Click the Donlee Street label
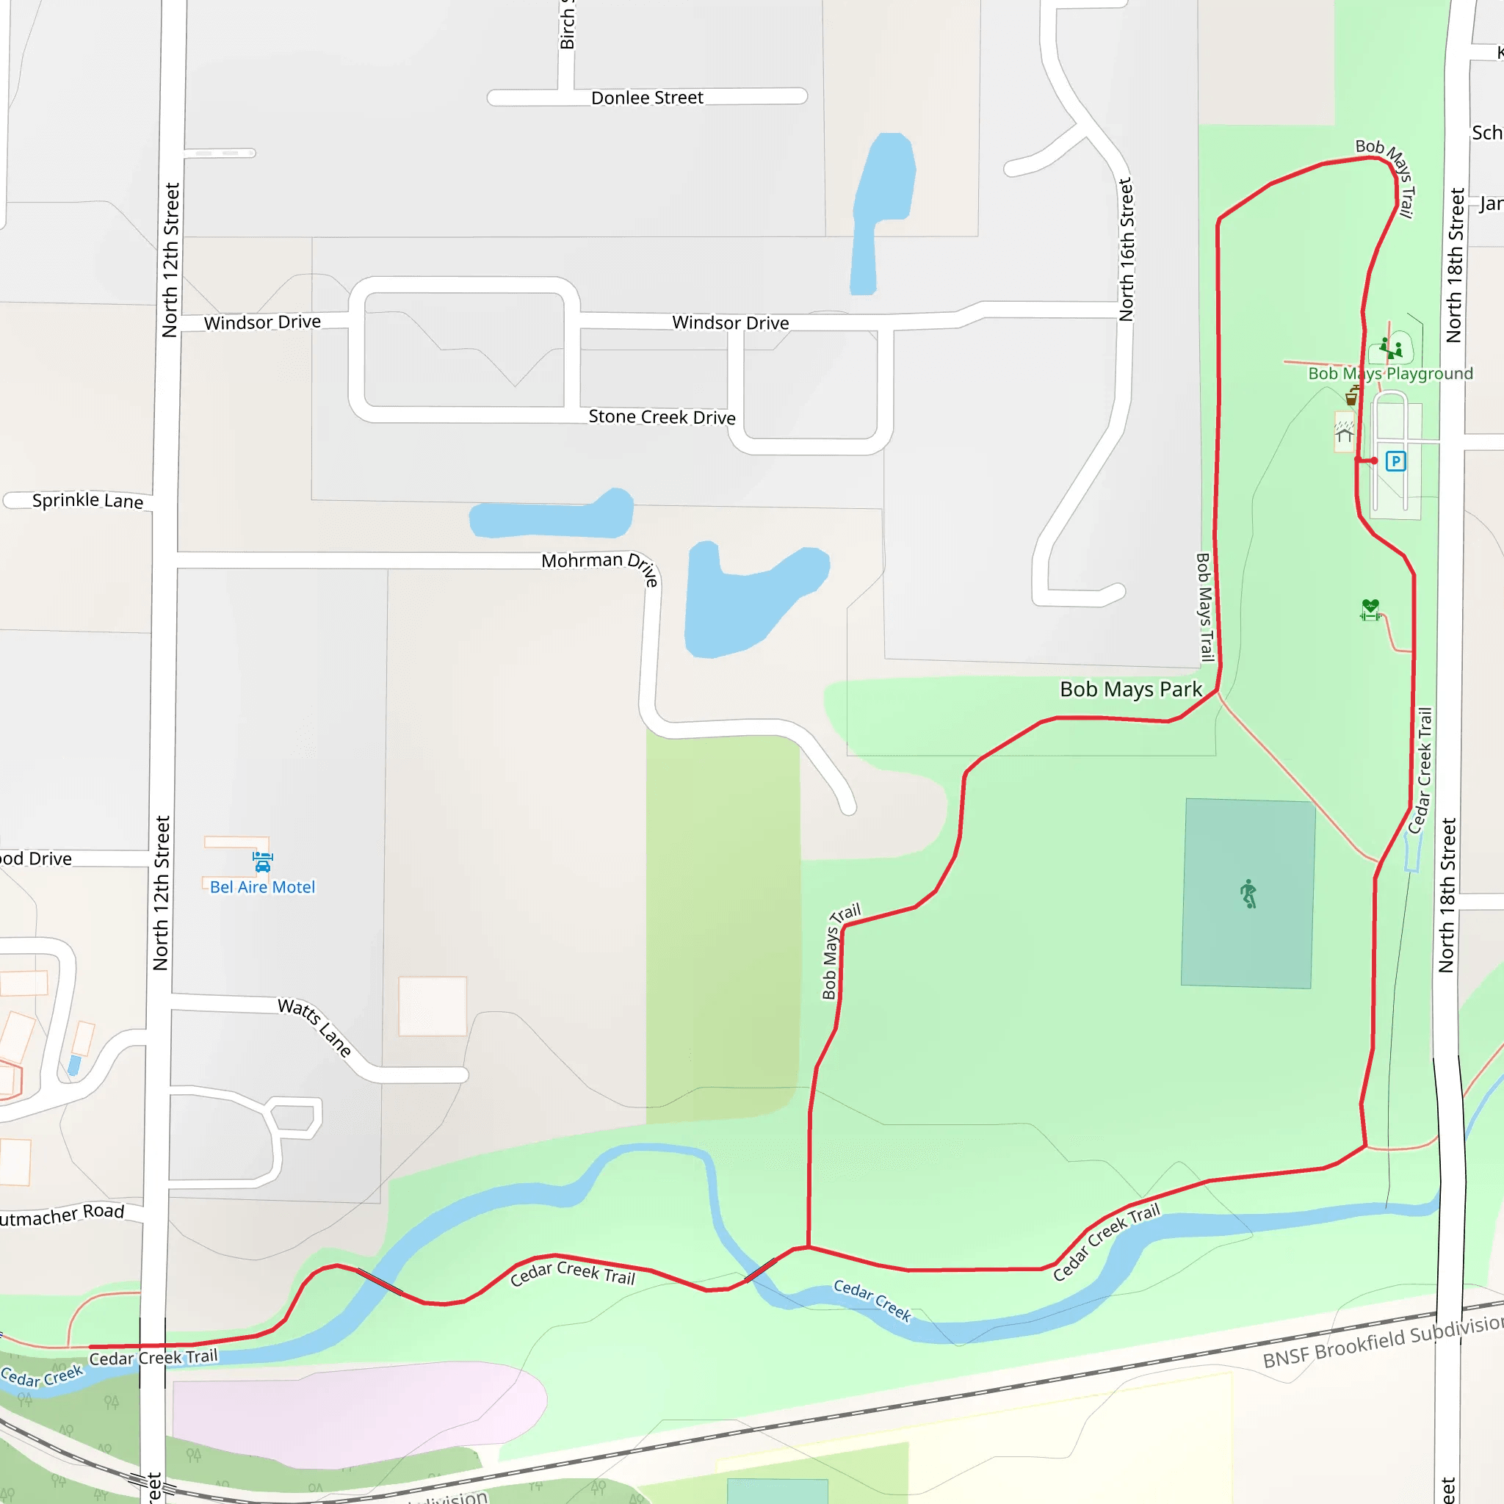pos(647,98)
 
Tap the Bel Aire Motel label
pos(262,886)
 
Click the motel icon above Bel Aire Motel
pos(262,861)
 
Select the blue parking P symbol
pos(1396,462)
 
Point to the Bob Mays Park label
pos(1130,689)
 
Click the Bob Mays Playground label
pos(1390,374)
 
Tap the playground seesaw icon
pos(1390,347)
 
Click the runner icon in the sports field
pos(1248,894)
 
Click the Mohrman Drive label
pos(600,565)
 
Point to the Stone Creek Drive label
pos(662,417)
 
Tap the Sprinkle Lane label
pos(87,500)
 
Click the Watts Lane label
pos(314,1026)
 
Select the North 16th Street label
pos(1127,249)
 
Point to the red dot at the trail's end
pos(1374,461)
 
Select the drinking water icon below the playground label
pos(1352,397)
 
